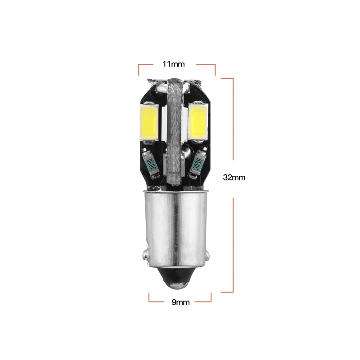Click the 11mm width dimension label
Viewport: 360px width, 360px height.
pos(174,64)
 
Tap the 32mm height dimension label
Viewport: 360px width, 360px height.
pos(234,177)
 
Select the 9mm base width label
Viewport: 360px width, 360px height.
pos(181,302)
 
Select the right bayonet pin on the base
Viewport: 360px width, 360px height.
pos(207,255)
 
